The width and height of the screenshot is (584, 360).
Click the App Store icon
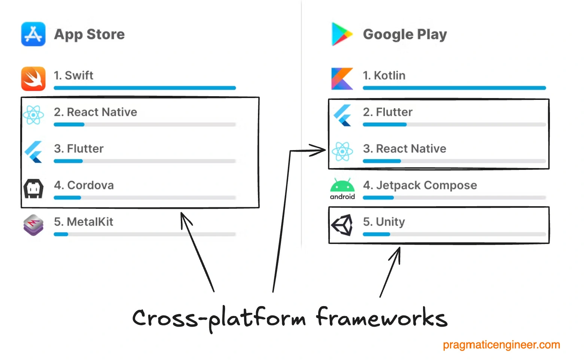tap(33, 34)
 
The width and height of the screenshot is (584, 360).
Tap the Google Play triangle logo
tap(341, 34)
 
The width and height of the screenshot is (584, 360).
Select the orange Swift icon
tap(33, 79)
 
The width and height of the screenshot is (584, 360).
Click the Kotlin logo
tap(342, 79)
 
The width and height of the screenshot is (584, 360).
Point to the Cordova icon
tap(33, 188)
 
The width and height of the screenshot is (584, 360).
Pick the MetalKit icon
tap(33, 225)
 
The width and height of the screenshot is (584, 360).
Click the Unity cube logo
tap(342, 225)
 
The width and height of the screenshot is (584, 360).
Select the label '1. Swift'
tap(73, 75)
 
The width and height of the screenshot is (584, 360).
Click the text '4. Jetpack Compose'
tap(420, 185)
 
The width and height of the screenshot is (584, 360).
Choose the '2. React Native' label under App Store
tap(95, 112)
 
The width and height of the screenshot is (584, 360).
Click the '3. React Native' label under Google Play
tap(404, 149)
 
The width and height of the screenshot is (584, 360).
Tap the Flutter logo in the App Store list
tap(33, 152)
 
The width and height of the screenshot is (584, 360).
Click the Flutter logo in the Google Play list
tap(342, 115)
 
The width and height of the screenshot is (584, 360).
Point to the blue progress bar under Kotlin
tap(454, 88)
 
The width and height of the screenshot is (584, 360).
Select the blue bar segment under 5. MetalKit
tap(61, 235)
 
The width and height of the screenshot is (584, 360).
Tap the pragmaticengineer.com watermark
tap(501, 345)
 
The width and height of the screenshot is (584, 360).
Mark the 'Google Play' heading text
tap(405, 34)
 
